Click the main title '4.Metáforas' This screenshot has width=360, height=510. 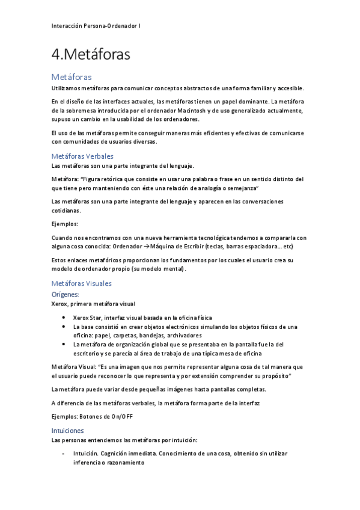coord(91,55)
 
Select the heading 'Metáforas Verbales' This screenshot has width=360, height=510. coord(82,156)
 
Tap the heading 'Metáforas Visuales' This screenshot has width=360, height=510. coord(81,283)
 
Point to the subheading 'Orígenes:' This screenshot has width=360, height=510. coord(66,294)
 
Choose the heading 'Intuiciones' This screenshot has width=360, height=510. coord(68,431)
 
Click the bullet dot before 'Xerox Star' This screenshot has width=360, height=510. coord(64,318)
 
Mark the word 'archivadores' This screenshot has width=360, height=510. coord(180,335)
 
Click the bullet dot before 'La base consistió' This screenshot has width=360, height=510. coord(64,327)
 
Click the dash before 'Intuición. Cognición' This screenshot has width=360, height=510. coord(64,453)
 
